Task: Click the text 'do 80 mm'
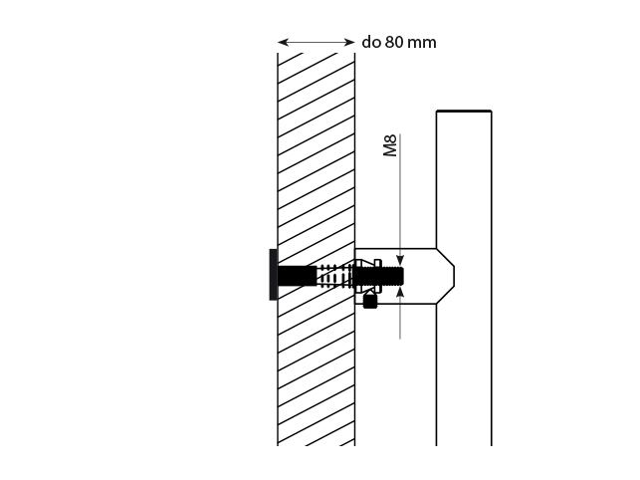(398, 43)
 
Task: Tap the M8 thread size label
(390, 146)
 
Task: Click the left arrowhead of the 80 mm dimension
(282, 43)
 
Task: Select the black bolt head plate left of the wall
(272, 274)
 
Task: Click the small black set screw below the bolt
(370, 300)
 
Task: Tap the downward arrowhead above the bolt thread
(400, 257)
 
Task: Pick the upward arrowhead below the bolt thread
(400, 292)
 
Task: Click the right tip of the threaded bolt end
(404, 274)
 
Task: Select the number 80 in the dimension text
(395, 43)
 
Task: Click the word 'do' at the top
(371, 43)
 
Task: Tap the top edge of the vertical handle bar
(464, 111)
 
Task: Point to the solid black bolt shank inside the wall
(297, 274)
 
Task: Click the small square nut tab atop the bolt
(363, 263)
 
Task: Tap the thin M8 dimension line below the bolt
(400, 319)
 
